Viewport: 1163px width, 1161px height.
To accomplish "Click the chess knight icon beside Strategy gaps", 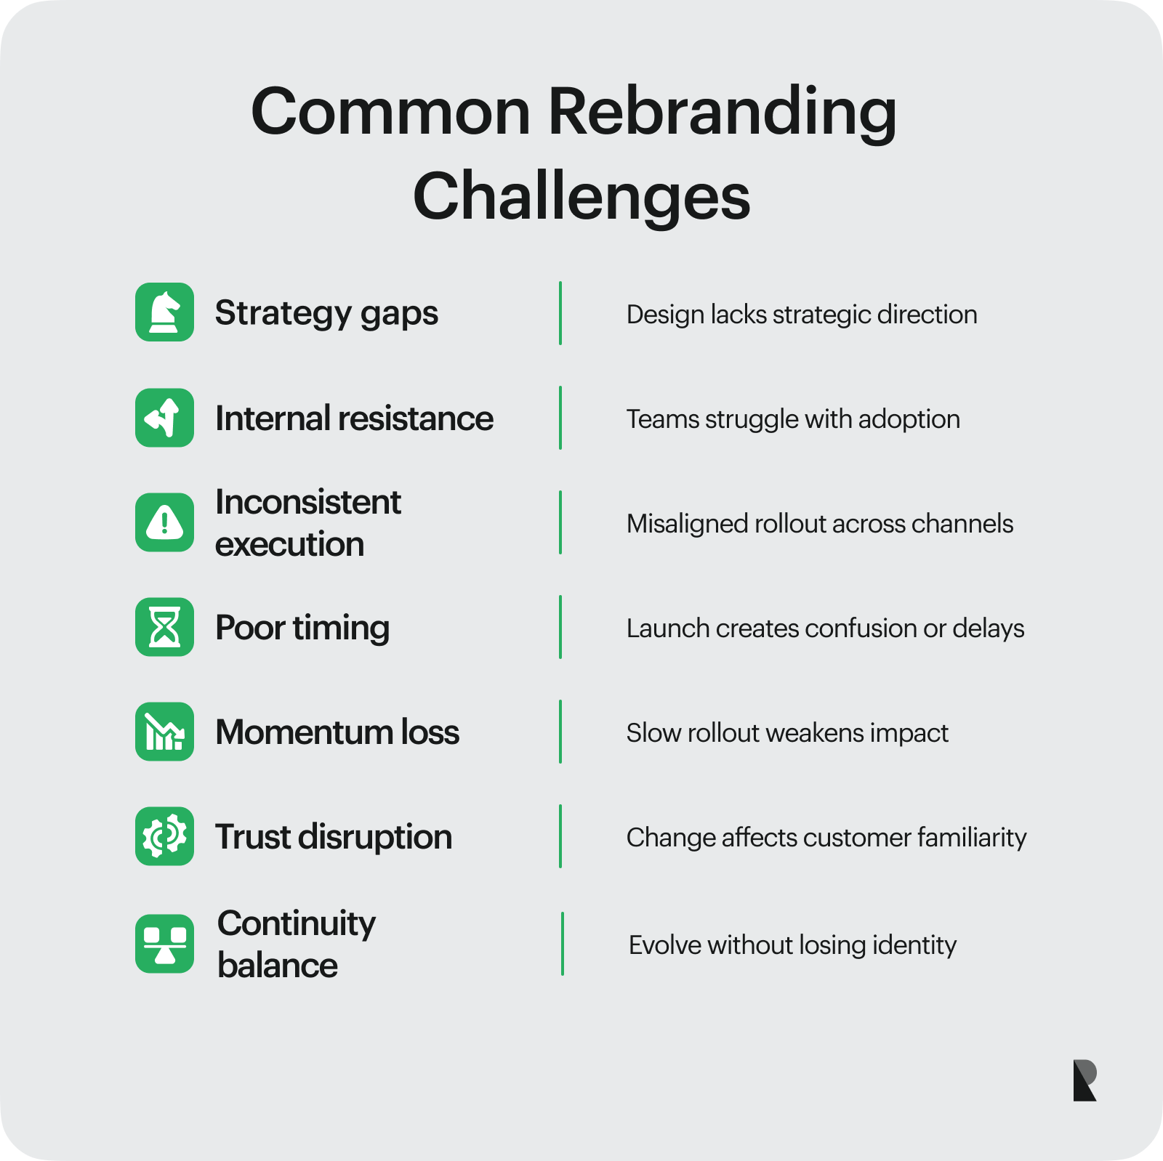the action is [x=164, y=312].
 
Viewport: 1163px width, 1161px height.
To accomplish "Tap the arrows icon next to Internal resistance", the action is [x=164, y=418].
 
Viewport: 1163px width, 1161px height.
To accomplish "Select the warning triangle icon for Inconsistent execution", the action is [x=164, y=522].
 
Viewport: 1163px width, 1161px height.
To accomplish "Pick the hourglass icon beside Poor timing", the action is [x=164, y=627].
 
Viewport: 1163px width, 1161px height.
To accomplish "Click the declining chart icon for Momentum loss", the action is [x=164, y=732].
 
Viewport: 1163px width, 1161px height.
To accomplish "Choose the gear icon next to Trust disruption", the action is [x=164, y=836].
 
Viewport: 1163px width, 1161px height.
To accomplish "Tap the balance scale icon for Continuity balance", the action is [x=164, y=944].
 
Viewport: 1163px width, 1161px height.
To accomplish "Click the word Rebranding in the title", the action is [x=723, y=113].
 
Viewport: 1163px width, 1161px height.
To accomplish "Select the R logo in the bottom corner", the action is [x=1085, y=1080].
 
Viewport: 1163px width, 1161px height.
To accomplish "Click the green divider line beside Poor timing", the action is [x=560, y=627].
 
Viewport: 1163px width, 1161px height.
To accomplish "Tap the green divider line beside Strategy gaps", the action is [x=560, y=313].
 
